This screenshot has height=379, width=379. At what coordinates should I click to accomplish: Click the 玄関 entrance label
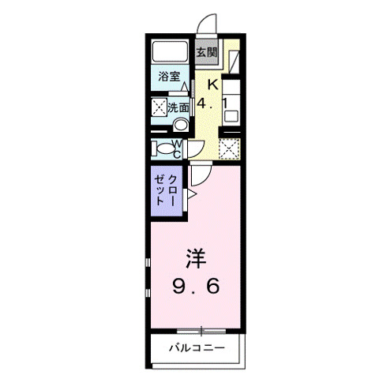(205, 54)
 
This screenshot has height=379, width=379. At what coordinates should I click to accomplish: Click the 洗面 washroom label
(178, 107)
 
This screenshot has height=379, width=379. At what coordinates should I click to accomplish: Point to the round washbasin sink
(180, 125)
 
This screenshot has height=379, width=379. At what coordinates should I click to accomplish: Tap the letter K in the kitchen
(212, 85)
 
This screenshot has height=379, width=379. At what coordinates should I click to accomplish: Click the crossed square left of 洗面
(158, 107)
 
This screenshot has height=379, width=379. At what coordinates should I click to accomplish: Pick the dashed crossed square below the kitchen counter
(228, 148)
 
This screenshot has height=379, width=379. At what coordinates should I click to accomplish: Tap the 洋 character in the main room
(197, 258)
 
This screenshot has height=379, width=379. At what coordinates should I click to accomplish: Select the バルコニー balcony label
(197, 347)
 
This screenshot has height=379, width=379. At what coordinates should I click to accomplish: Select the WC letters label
(178, 148)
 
